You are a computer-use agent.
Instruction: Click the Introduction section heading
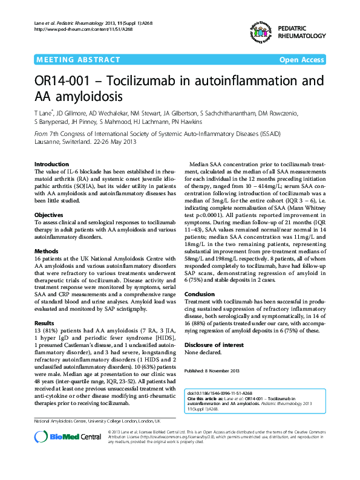(x=52, y=164)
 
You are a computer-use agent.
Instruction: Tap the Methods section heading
(x=46, y=250)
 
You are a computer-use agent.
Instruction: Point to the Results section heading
(x=45, y=323)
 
